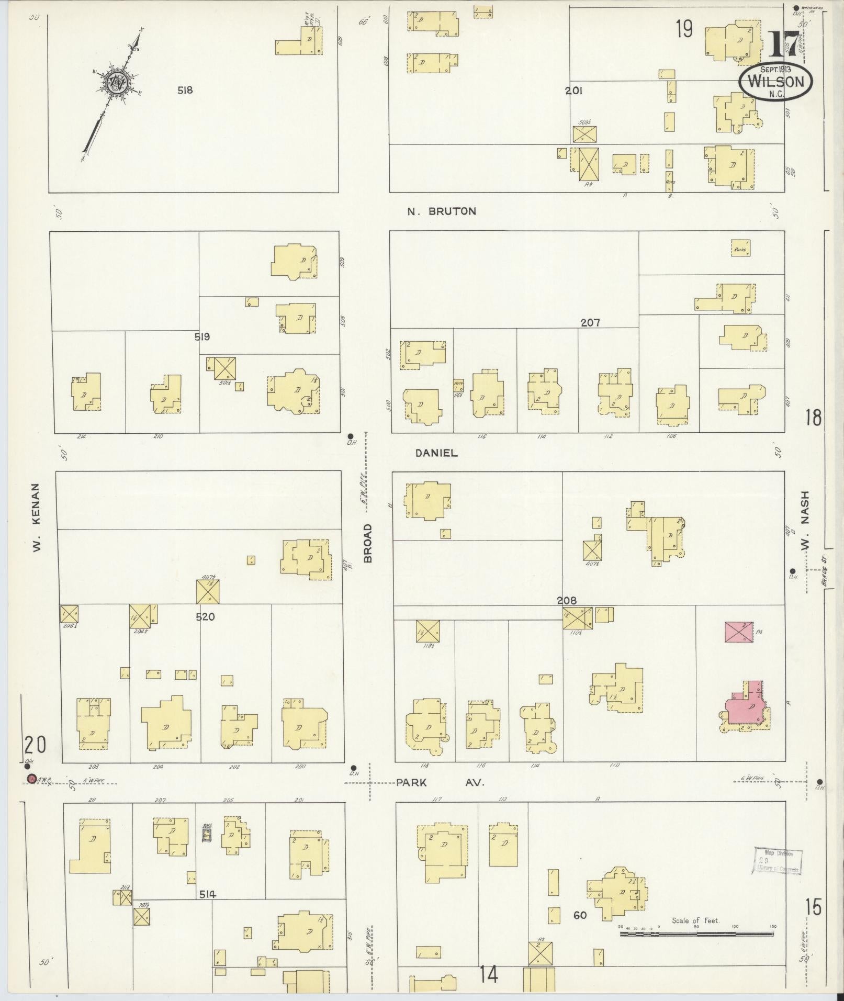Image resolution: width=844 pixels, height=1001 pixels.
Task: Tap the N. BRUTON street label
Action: [x=442, y=211]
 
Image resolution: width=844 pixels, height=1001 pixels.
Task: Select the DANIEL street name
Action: [x=436, y=453]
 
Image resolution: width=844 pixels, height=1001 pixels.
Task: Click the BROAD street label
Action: [x=368, y=543]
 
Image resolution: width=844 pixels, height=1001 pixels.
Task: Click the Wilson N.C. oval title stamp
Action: [x=775, y=82]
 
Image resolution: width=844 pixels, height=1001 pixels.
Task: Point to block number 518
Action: [x=185, y=90]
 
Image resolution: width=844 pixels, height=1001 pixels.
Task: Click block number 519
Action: [x=202, y=337]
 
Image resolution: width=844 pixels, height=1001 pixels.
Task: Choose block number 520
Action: [x=205, y=617]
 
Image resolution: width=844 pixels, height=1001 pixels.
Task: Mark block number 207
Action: [x=590, y=323]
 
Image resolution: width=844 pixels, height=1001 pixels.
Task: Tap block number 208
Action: [x=567, y=601]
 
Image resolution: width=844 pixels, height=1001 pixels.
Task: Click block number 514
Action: [x=208, y=895]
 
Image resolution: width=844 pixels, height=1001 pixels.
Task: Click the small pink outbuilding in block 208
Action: [x=739, y=632]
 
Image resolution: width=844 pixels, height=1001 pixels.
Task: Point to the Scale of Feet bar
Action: [x=698, y=933]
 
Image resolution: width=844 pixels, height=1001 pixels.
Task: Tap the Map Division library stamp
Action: [x=778, y=861]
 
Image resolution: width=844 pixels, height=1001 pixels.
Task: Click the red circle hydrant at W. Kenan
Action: [x=31, y=779]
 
